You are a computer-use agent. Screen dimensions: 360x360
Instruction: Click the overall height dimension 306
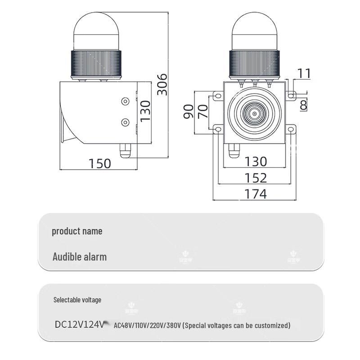tap(162, 84)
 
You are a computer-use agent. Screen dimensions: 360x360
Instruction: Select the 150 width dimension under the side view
tap(99, 163)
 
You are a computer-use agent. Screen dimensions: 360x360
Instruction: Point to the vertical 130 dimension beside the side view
tap(145, 111)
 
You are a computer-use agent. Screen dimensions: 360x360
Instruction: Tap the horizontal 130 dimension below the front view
tap(256, 161)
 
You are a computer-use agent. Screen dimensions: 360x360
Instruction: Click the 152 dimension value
tap(256, 178)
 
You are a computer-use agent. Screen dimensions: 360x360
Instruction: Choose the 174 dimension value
tap(256, 194)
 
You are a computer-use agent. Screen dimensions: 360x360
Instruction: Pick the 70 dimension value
tap(203, 111)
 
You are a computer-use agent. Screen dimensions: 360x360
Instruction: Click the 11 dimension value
tap(305, 73)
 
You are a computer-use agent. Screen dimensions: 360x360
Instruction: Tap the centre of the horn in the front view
tap(254, 114)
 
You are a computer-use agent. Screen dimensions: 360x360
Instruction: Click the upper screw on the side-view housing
tap(125, 102)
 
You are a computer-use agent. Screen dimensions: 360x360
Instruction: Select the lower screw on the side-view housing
tap(125, 122)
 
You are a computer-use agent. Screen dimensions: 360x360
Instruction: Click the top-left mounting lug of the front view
tap(218, 96)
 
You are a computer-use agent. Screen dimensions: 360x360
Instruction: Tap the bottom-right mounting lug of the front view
tap(292, 130)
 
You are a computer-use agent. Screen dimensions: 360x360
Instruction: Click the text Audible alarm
tap(80, 257)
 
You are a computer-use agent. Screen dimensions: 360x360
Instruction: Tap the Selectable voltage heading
tap(77, 300)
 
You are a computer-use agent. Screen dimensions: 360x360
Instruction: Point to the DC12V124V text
tap(80, 324)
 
